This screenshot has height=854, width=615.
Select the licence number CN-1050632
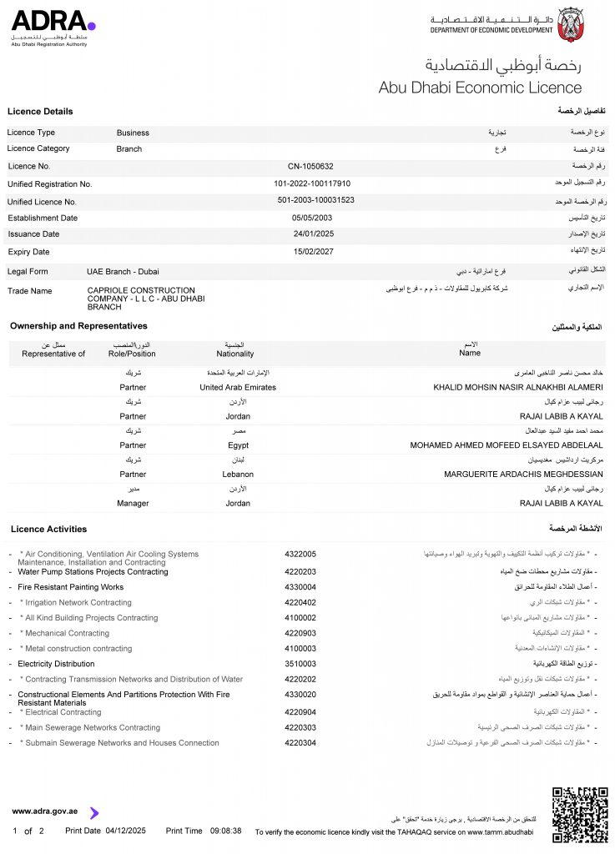pyautogui.click(x=310, y=166)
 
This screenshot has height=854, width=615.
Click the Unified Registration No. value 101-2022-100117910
pyautogui.click(x=312, y=183)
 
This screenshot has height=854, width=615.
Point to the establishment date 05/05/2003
pyautogui.click(x=312, y=218)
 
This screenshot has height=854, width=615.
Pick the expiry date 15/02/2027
pyautogui.click(x=312, y=251)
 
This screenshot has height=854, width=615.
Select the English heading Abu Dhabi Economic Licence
pyautogui.click(x=480, y=88)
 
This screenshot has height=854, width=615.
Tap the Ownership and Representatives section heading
pyautogui.click(x=78, y=326)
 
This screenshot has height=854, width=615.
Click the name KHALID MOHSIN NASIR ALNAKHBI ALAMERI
pyautogui.click(x=518, y=388)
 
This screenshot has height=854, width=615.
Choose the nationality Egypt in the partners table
pyautogui.click(x=238, y=445)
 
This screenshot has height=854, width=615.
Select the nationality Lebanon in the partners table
pyautogui.click(x=238, y=475)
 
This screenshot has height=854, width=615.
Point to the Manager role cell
pyautogui.click(x=133, y=504)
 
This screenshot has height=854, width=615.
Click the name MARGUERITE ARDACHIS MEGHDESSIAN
pyautogui.click(x=523, y=475)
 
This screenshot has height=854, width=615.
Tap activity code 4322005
pyautogui.click(x=300, y=554)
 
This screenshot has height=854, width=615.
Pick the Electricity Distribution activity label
pyautogui.click(x=57, y=664)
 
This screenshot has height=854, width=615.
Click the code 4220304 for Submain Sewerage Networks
pyautogui.click(x=300, y=743)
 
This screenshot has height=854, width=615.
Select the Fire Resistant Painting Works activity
pyautogui.click(x=71, y=587)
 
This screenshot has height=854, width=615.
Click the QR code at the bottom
pyautogui.click(x=580, y=813)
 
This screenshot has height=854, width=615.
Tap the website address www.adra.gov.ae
pyautogui.click(x=45, y=811)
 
